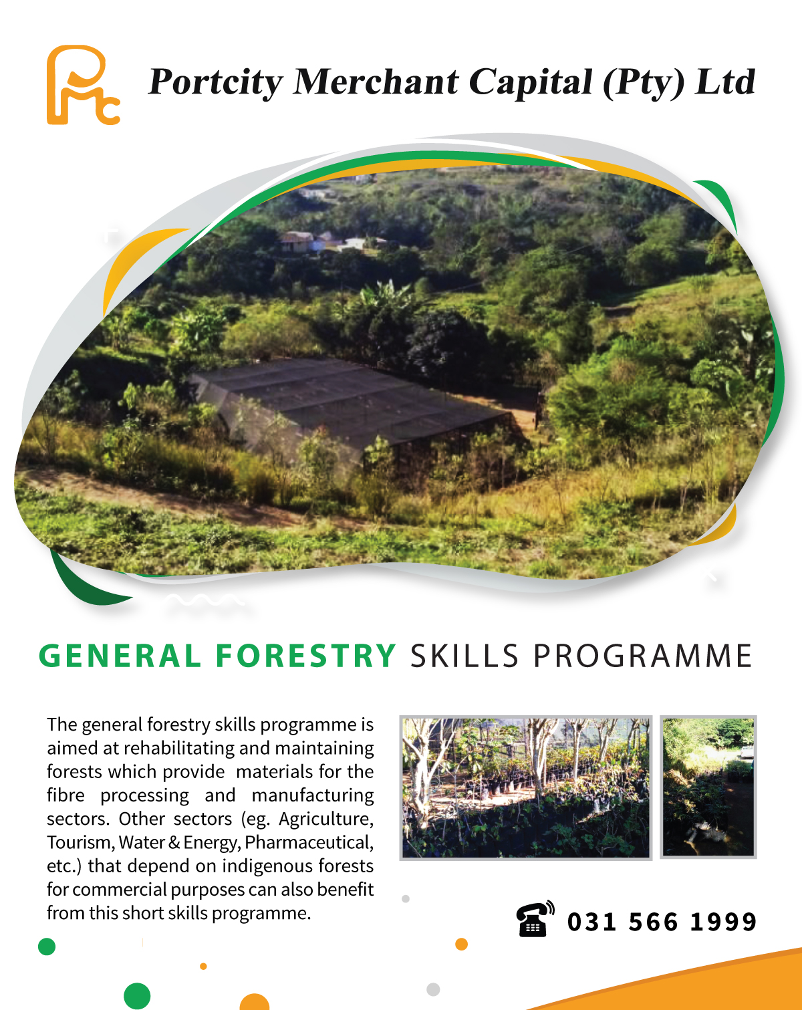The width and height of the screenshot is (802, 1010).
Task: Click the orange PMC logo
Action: click(83, 85)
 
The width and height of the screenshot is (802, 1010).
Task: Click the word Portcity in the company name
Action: click(215, 83)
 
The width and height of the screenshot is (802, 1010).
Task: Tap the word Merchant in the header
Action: click(376, 82)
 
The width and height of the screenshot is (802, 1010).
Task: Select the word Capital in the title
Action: click(530, 83)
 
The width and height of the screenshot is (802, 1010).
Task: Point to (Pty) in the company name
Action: click(644, 83)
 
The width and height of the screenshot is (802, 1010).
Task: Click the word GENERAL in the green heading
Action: click(120, 656)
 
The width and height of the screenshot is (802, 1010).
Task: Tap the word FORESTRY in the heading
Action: click(306, 656)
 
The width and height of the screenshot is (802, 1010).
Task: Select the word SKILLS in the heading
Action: click(464, 656)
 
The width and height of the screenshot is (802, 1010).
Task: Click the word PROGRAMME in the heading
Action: click(642, 656)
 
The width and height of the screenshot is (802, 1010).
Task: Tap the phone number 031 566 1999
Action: click(662, 922)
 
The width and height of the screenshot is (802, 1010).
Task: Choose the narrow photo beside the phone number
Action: click(708, 787)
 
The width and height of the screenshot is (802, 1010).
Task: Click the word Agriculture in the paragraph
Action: click(326, 819)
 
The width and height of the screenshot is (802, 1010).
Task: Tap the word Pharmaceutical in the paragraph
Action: click(309, 842)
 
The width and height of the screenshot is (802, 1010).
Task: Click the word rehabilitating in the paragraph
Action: click(179, 749)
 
